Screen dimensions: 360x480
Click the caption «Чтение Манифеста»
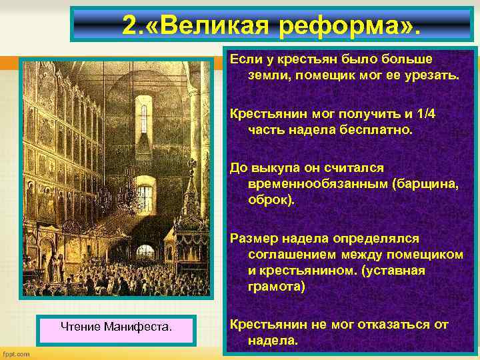[x=116, y=327]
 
